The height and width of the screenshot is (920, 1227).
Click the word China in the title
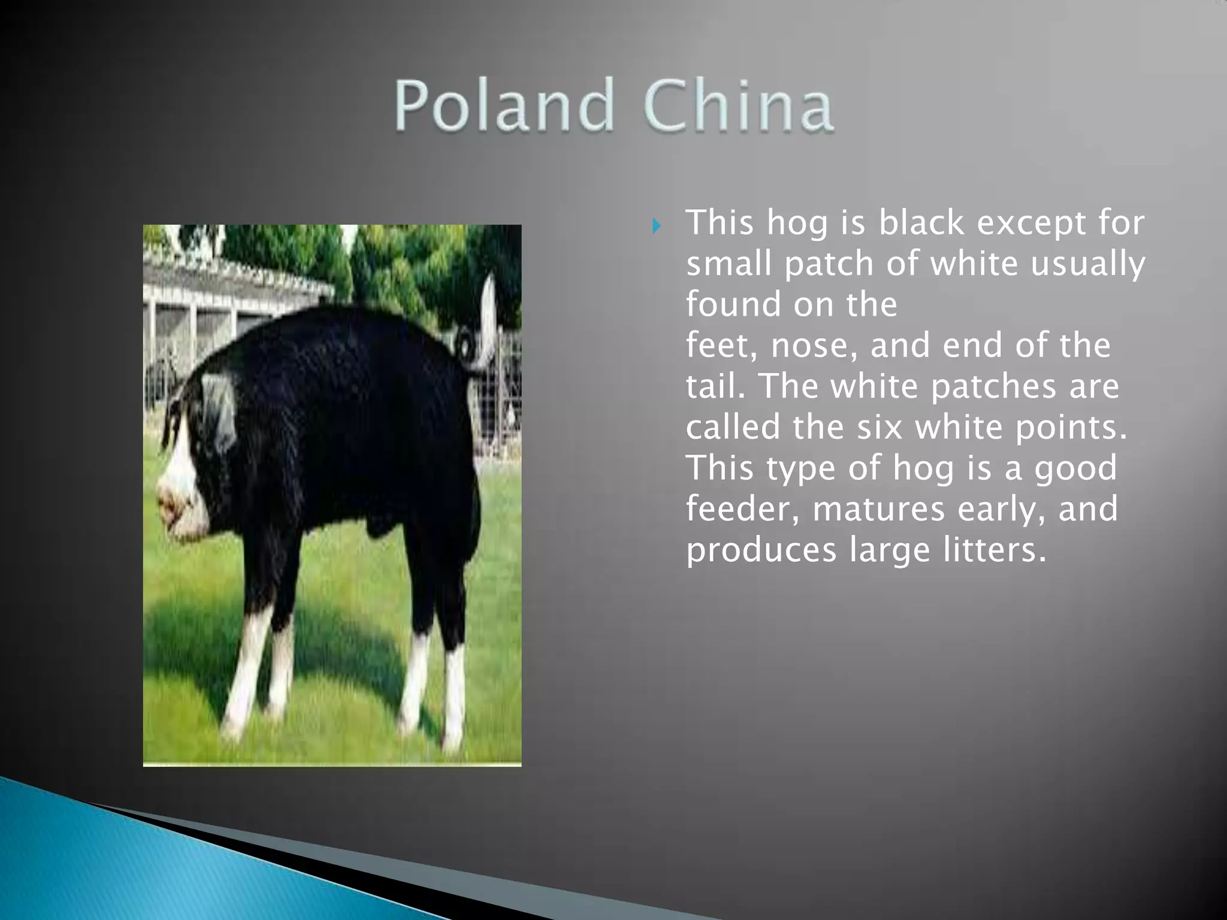point(738,107)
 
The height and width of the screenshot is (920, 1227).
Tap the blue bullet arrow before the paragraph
point(657,226)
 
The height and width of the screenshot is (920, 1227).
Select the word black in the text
point(923,223)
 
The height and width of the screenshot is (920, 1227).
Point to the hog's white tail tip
point(489,305)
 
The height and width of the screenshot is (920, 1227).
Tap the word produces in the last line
point(760,550)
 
